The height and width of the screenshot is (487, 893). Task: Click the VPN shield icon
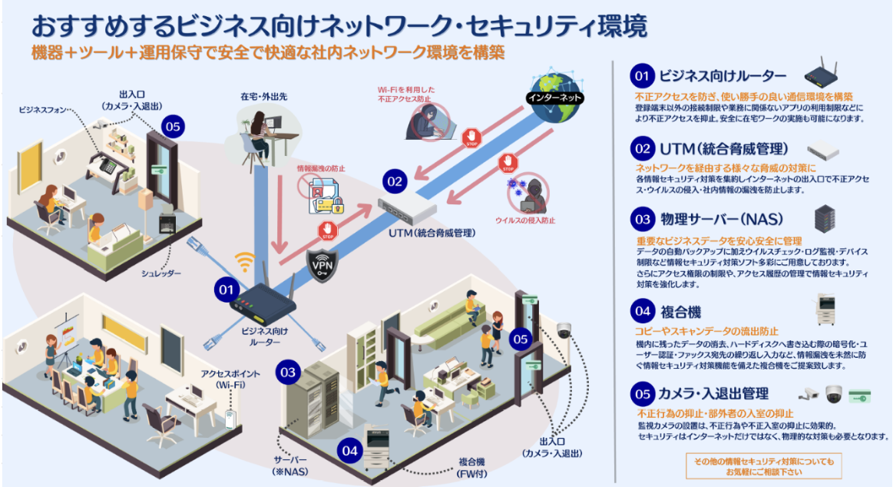320,263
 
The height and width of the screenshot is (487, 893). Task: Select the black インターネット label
554,98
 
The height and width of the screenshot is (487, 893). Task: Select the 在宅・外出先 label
263,97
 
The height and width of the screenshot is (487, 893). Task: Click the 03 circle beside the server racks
288,373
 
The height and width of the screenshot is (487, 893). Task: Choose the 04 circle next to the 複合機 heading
641,311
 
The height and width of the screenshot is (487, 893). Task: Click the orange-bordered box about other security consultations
762,466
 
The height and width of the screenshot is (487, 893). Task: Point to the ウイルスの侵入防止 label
525,220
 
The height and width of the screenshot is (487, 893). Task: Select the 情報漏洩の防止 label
320,167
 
